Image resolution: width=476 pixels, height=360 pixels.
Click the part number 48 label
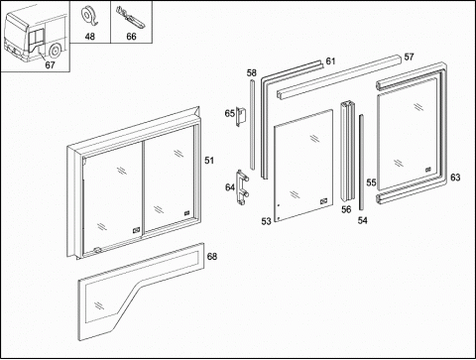pyautogui.click(x=90, y=36)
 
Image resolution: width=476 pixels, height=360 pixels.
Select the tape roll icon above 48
pyautogui.click(x=89, y=17)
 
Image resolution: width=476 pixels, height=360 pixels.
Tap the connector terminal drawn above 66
pyautogui.click(x=130, y=18)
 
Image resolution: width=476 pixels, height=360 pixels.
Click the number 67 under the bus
pyautogui.click(x=50, y=64)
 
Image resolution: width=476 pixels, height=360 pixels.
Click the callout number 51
pyautogui.click(x=209, y=161)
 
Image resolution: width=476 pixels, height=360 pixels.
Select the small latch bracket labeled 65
pyautogui.click(x=241, y=116)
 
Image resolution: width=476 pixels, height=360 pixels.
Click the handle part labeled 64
pyautogui.click(x=242, y=187)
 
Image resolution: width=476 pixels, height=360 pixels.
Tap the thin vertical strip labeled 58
pyautogui.click(x=253, y=126)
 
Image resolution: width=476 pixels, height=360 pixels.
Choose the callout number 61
pyautogui.click(x=330, y=61)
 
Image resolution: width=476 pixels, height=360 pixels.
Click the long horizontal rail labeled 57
pyautogui.click(x=339, y=77)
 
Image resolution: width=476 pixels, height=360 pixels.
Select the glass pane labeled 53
pyautogui.click(x=303, y=166)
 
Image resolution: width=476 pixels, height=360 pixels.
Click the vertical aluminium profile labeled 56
pyautogui.click(x=348, y=151)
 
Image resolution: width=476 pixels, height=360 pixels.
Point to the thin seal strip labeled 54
pyautogui.click(x=361, y=162)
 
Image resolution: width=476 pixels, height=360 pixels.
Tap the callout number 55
pyautogui.click(x=371, y=182)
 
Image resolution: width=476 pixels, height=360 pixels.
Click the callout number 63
pyautogui.click(x=455, y=178)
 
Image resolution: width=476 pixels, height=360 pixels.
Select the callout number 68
pyautogui.click(x=212, y=256)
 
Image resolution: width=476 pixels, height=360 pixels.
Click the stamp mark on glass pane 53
pyautogui.click(x=323, y=201)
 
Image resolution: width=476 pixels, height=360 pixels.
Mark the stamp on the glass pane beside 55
pyautogui.click(x=428, y=170)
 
